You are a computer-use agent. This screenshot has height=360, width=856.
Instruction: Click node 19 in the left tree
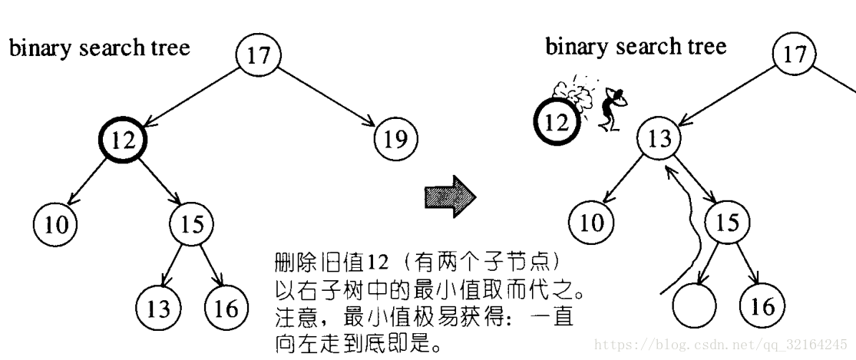[395, 139]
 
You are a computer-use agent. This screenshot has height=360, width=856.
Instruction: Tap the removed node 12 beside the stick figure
[558, 121]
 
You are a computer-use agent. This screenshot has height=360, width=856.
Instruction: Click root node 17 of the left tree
[259, 56]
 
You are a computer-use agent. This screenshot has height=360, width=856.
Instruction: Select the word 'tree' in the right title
[707, 47]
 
